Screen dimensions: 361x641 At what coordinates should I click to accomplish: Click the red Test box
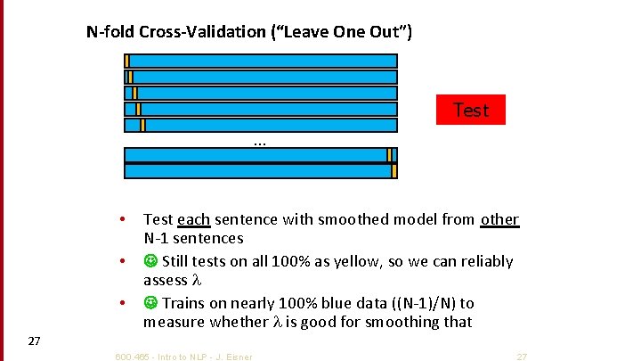[470, 110]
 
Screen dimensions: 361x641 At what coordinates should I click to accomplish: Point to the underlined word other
[499, 219]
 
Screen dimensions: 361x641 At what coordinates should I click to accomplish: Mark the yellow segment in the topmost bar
[127, 61]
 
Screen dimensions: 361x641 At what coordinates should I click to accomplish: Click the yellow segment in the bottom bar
[394, 170]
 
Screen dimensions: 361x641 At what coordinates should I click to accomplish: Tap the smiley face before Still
[150, 261]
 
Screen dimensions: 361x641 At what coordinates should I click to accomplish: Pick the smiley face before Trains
[150, 303]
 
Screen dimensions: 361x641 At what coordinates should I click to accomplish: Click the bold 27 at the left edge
[34, 340]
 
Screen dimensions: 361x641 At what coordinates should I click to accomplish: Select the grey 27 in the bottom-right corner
[522, 357]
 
